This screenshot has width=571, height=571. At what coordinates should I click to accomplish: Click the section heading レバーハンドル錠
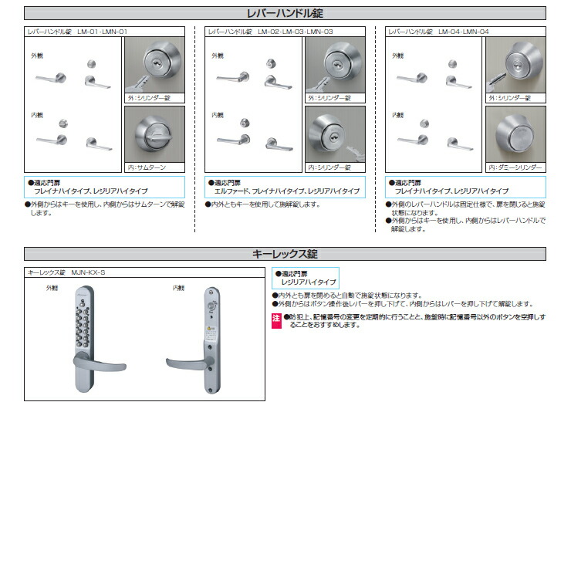(x=285, y=13)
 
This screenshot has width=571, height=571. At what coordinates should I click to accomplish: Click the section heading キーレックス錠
(x=285, y=254)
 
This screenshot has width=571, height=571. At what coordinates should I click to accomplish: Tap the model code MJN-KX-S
(x=88, y=272)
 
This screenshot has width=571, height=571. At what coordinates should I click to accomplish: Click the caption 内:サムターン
(x=146, y=167)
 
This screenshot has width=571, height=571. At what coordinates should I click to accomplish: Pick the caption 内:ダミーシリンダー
(x=515, y=167)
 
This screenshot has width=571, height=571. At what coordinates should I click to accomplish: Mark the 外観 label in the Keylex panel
(x=52, y=288)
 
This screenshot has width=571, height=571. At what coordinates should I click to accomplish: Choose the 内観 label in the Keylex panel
(x=179, y=288)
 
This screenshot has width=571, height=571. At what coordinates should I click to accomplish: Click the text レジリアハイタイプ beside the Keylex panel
(x=309, y=282)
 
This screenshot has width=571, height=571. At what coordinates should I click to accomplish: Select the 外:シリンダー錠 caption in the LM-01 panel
(x=147, y=98)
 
